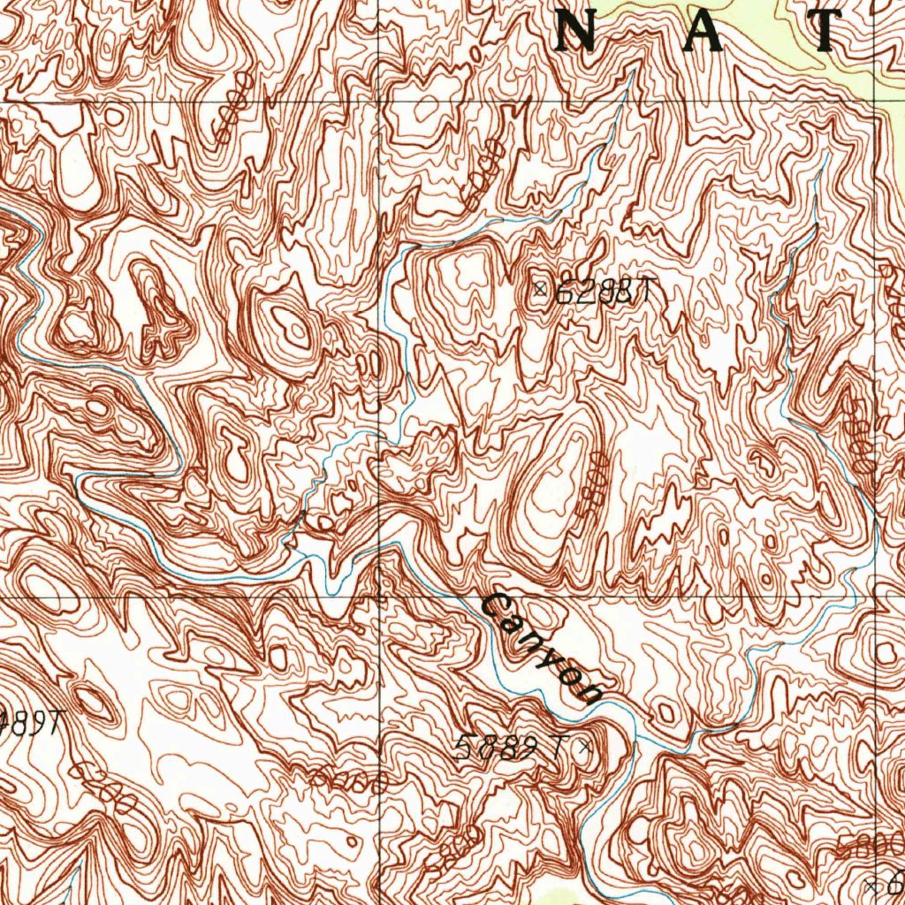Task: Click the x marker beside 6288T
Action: click(x=540, y=288)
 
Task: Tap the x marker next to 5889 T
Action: click(x=582, y=749)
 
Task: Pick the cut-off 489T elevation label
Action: click(x=32, y=723)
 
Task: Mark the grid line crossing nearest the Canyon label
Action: click(x=381, y=596)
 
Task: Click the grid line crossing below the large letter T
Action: click(x=878, y=101)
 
